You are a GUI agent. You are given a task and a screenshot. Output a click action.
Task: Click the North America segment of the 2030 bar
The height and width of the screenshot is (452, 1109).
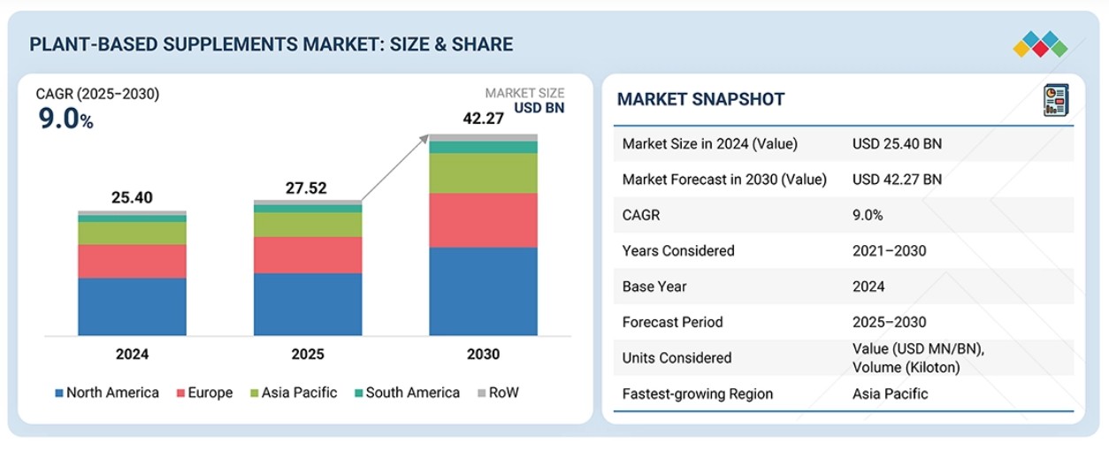483,291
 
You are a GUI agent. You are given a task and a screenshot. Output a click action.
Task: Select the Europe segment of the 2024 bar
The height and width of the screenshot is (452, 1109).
132,261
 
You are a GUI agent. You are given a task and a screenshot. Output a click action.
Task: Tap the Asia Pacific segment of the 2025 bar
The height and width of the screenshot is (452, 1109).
308,225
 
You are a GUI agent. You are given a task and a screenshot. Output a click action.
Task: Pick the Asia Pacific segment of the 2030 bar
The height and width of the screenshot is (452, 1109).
483,172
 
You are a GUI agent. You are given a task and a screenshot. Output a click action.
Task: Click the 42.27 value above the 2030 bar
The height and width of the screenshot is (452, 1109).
483,119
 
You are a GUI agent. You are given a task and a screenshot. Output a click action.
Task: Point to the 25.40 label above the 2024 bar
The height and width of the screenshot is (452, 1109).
132,197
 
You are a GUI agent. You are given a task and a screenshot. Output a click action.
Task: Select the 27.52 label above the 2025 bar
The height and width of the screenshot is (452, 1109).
308,188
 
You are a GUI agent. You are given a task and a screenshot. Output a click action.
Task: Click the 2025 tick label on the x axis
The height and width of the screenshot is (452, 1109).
308,355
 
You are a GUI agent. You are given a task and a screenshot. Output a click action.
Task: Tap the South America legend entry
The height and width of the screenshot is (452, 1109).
406,393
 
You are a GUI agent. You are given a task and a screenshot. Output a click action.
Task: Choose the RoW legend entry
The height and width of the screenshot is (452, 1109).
497,393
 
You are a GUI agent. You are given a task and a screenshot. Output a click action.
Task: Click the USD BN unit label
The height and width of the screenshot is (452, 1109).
539,109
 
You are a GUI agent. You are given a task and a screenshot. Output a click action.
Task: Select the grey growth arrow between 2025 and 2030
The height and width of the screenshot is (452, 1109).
395,168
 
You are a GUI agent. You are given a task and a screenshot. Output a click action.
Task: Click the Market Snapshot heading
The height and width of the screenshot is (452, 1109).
700,99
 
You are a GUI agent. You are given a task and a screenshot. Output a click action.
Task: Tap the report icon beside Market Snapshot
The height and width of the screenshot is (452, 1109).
1055,100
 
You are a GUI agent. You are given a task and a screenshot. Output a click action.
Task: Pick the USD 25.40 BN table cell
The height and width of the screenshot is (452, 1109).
897,143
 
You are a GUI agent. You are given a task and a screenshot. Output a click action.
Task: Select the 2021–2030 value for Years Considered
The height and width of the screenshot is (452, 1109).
889,250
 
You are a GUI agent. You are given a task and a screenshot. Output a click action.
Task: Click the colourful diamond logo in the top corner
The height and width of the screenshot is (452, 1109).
1040,44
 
